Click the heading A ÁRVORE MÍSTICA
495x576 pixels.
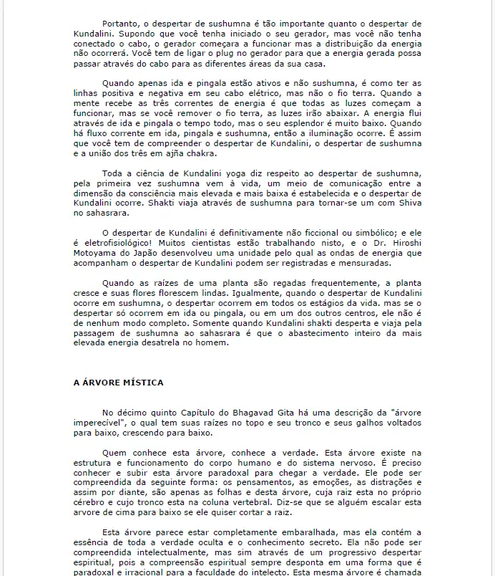(x=118, y=383)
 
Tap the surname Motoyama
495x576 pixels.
(x=95, y=254)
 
